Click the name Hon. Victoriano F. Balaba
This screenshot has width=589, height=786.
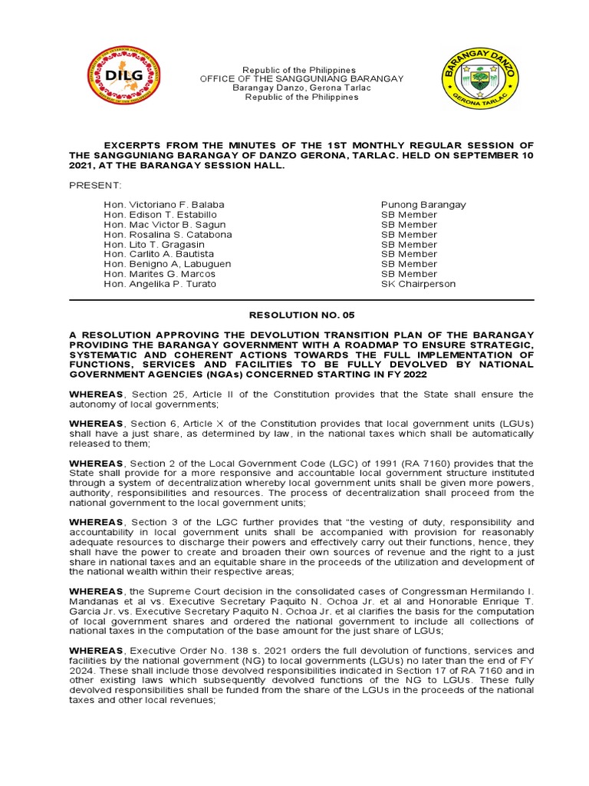click(164, 205)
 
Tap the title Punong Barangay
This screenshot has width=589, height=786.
click(423, 205)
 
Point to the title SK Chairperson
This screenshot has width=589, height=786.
click(418, 284)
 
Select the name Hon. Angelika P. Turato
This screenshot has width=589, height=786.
click(160, 284)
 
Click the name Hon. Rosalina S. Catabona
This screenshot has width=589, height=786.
click(167, 235)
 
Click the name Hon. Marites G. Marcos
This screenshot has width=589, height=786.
click(160, 274)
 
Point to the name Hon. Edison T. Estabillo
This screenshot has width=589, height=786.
click(161, 215)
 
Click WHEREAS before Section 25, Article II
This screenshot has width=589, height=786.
click(96, 395)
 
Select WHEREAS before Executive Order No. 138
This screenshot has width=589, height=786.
click(96, 650)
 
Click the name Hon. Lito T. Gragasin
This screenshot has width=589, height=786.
click(154, 245)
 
